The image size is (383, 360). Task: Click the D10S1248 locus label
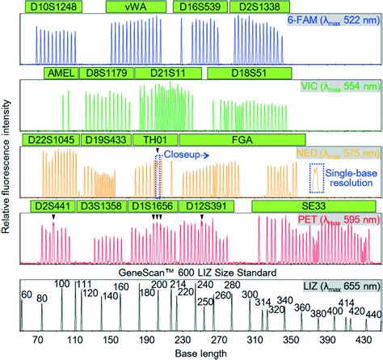[x=53, y=6]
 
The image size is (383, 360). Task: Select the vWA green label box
[x=136, y=6]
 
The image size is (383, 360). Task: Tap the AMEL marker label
[x=61, y=73]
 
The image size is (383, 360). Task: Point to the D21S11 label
[x=168, y=73]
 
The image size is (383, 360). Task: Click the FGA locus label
[x=242, y=140]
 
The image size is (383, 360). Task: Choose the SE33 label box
[x=314, y=206]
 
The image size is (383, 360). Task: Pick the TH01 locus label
[x=155, y=140]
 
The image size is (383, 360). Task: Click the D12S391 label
[x=206, y=206]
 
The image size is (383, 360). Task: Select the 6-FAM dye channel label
[x=334, y=20]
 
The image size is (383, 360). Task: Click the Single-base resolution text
[x=351, y=178]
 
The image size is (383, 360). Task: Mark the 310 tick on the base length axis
[x=255, y=340]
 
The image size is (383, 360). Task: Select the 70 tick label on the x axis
[x=38, y=340]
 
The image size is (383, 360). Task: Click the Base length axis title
[x=201, y=353]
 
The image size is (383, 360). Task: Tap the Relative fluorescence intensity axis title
[x=6, y=167]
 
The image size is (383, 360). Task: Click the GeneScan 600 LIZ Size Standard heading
[x=197, y=273]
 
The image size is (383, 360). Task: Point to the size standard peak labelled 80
[x=42, y=317]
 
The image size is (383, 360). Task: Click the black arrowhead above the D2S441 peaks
[x=53, y=217]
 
